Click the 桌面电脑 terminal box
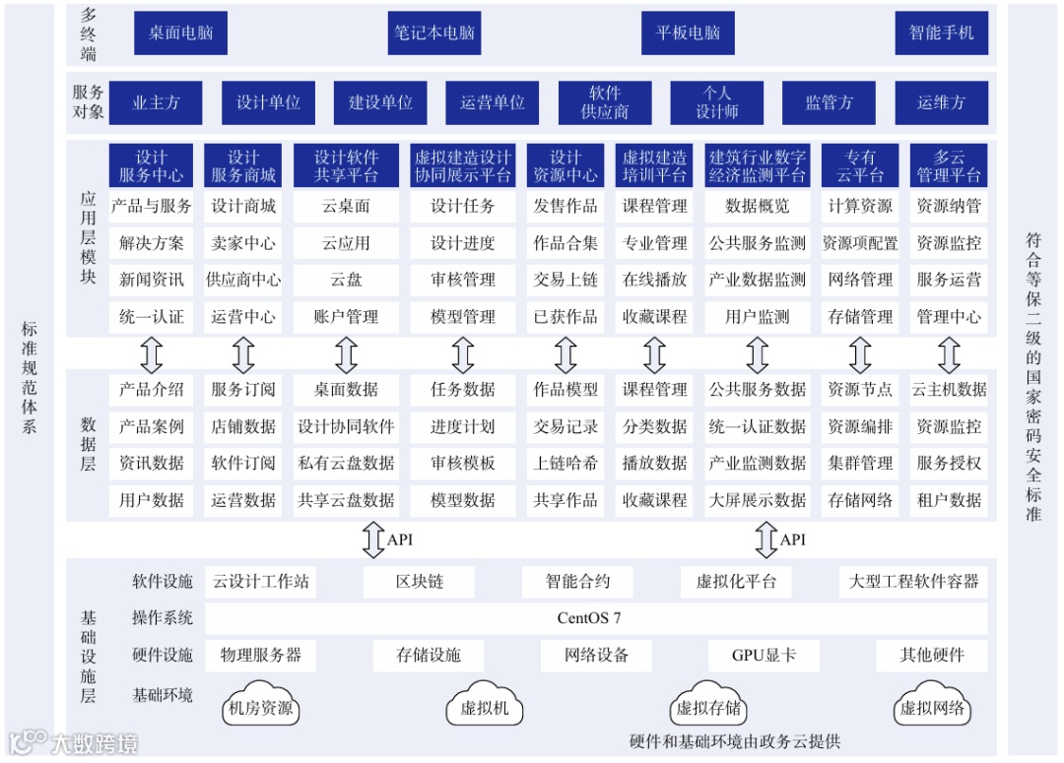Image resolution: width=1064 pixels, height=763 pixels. pos(180,32)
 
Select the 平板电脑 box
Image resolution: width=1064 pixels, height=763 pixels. pos(689,32)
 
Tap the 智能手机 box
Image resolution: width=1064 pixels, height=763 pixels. pos(941,32)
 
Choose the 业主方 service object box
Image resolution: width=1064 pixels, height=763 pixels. pos(156,102)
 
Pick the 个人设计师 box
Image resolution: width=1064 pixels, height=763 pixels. pos(717,102)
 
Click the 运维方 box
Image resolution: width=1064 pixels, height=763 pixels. pos(941,102)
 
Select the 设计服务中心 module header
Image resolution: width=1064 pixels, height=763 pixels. pos(152,166)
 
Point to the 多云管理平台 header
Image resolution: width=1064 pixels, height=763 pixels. pos(949,166)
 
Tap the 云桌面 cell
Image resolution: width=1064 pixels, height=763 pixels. pos(346,207)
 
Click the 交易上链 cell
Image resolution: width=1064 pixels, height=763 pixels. pos(565,280)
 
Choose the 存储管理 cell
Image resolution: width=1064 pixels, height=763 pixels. pos(860,317)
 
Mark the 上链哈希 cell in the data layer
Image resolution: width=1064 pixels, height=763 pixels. pos(565,463)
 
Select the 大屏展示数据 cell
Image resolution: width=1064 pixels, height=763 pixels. pos(758,500)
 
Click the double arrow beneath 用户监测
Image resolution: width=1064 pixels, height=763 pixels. pos(758,353)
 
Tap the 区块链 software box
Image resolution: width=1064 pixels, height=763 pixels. pos(420,582)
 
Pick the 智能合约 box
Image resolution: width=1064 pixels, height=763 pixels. pos(578,582)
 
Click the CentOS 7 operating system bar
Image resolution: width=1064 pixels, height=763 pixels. pos(589,618)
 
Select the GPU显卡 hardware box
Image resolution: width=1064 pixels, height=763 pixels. pos(764,655)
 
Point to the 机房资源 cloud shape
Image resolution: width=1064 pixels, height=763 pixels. pos(260,705)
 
